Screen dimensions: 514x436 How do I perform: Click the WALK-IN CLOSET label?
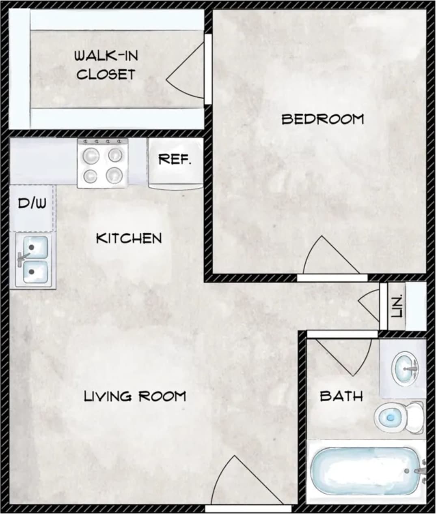[106, 65]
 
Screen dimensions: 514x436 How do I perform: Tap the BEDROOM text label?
[323, 119]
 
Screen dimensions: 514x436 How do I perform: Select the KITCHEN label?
[129, 238]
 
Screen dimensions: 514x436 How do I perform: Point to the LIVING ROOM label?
[135, 396]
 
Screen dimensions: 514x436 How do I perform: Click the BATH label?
[341, 396]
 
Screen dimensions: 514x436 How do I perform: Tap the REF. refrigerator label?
[175, 159]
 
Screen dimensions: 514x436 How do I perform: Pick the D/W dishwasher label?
[32, 203]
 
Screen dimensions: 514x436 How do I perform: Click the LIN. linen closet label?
[398, 306]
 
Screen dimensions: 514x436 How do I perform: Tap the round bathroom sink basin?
[405, 368]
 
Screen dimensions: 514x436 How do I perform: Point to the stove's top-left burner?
[91, 155]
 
